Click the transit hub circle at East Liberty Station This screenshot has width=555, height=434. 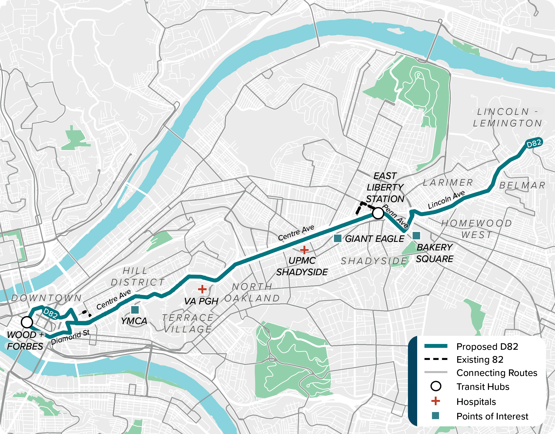click(378, 213)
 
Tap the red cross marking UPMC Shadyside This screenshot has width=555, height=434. click(304, 250)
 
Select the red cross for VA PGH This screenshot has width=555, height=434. click(202, 289)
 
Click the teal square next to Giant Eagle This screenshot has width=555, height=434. click(337, 238)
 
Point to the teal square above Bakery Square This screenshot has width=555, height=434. click(416, 236)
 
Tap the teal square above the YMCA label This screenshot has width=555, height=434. click(135, 310)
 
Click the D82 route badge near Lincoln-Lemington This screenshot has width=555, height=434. click(534, 144)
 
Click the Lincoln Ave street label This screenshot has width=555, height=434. click(446, 200)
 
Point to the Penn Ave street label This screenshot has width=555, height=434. click(395, 216)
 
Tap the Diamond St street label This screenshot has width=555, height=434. click(70, 337)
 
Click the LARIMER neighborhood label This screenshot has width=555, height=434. click(448, 182)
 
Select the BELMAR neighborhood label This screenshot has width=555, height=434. click(522, 185)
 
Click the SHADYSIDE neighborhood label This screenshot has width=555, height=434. click(374, 261)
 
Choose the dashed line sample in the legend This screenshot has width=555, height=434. click(436, 359)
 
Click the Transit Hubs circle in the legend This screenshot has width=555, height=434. click(436, 386)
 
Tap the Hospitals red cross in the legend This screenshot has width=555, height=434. click(436, 401)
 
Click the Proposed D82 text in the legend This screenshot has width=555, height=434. click(487, 347)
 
